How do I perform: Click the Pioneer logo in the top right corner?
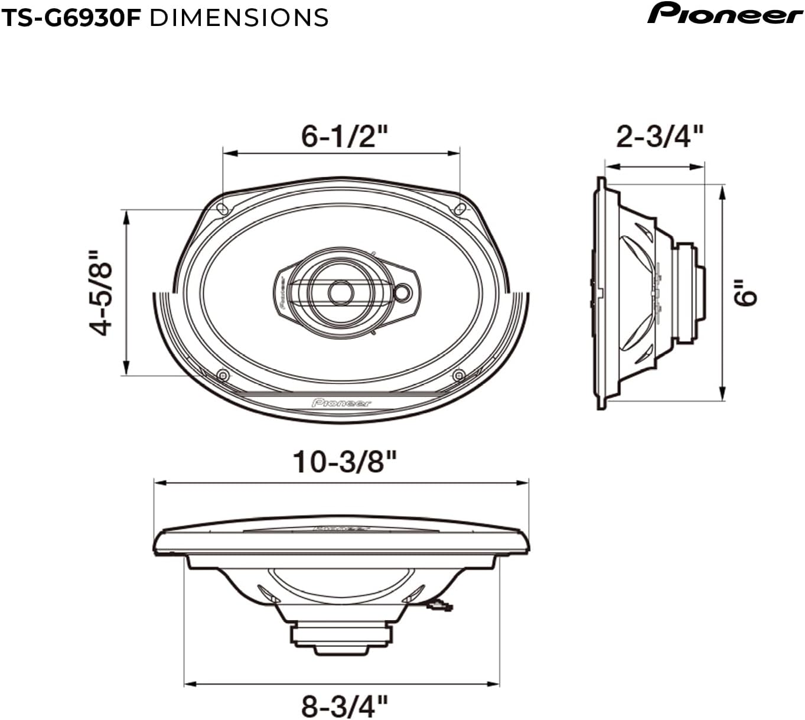[x=725, y=13]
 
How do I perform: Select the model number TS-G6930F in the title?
[x=71, y=18]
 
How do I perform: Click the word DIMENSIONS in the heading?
[x=239, y=18]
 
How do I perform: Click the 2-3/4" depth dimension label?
[x=660, y=136]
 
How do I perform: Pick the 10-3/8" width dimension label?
[x=344, y=461]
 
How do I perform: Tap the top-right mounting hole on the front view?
[x=460, y=208]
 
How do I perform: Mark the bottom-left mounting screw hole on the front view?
[x=223, y=375]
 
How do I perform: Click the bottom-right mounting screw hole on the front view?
[x=459, y=375]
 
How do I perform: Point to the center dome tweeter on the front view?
[x=340, y=292]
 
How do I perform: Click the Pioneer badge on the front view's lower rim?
[x=341, y=403]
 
